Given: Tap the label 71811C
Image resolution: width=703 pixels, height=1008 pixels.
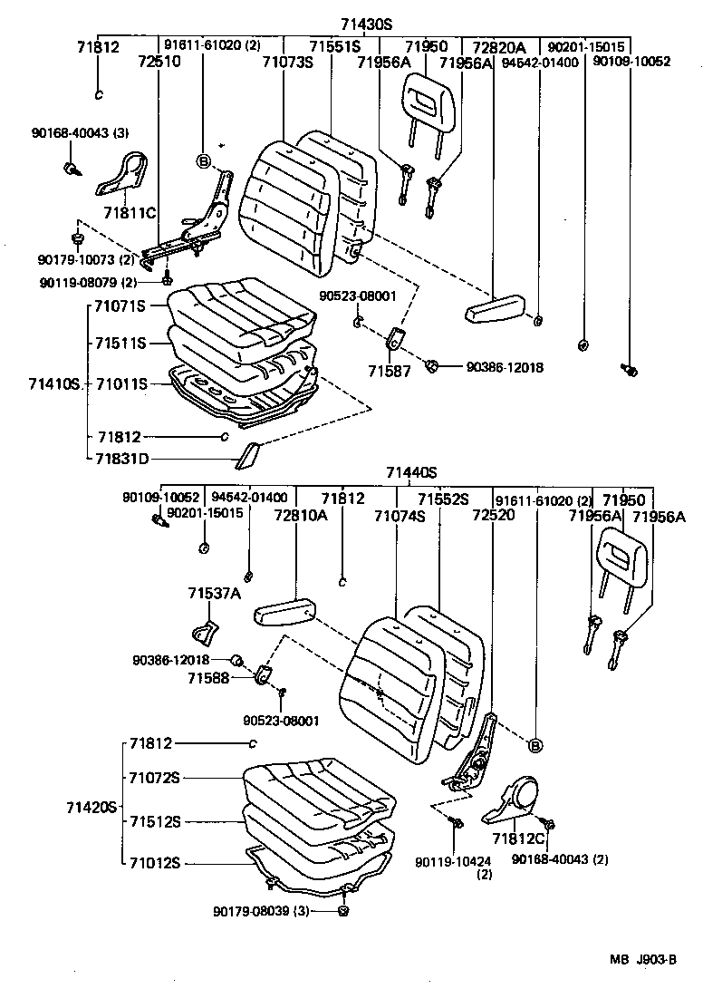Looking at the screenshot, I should click(130, 213).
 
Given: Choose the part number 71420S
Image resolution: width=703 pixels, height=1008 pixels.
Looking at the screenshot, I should click(92, 806).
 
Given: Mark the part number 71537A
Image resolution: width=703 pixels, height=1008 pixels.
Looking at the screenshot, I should click(215, 594).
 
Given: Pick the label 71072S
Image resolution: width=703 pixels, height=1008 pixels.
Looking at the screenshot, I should click(154, 778).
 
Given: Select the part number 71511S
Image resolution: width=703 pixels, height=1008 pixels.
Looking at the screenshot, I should click(121, 344).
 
